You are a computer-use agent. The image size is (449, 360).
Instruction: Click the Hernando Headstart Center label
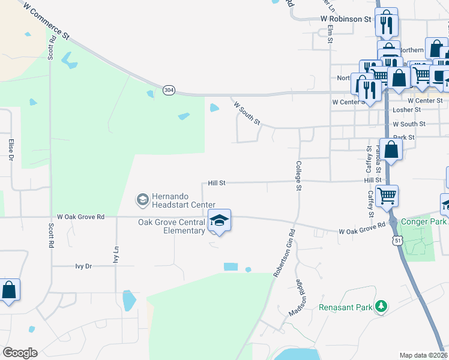tap(180, 200)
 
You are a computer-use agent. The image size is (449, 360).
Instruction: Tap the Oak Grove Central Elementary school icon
tap(219, 221)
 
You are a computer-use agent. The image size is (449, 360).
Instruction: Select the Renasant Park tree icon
tap(380, 307)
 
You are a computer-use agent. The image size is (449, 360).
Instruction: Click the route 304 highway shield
tap(169, 90)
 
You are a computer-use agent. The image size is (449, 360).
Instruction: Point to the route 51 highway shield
tap(398, 240)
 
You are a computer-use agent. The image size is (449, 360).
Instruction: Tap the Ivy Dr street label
tap(83, 266)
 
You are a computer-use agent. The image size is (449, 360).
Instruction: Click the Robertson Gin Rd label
tap(284, 252)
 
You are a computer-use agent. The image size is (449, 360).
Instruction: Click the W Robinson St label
tap(346, 19)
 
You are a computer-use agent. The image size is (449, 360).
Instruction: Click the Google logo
tap(20, 353)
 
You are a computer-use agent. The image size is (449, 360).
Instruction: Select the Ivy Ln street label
tap(116, 255)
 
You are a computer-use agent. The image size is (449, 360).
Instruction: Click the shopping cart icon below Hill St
tap(387, 195)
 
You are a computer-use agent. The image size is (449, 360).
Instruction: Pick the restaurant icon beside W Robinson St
tap(386, 23)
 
